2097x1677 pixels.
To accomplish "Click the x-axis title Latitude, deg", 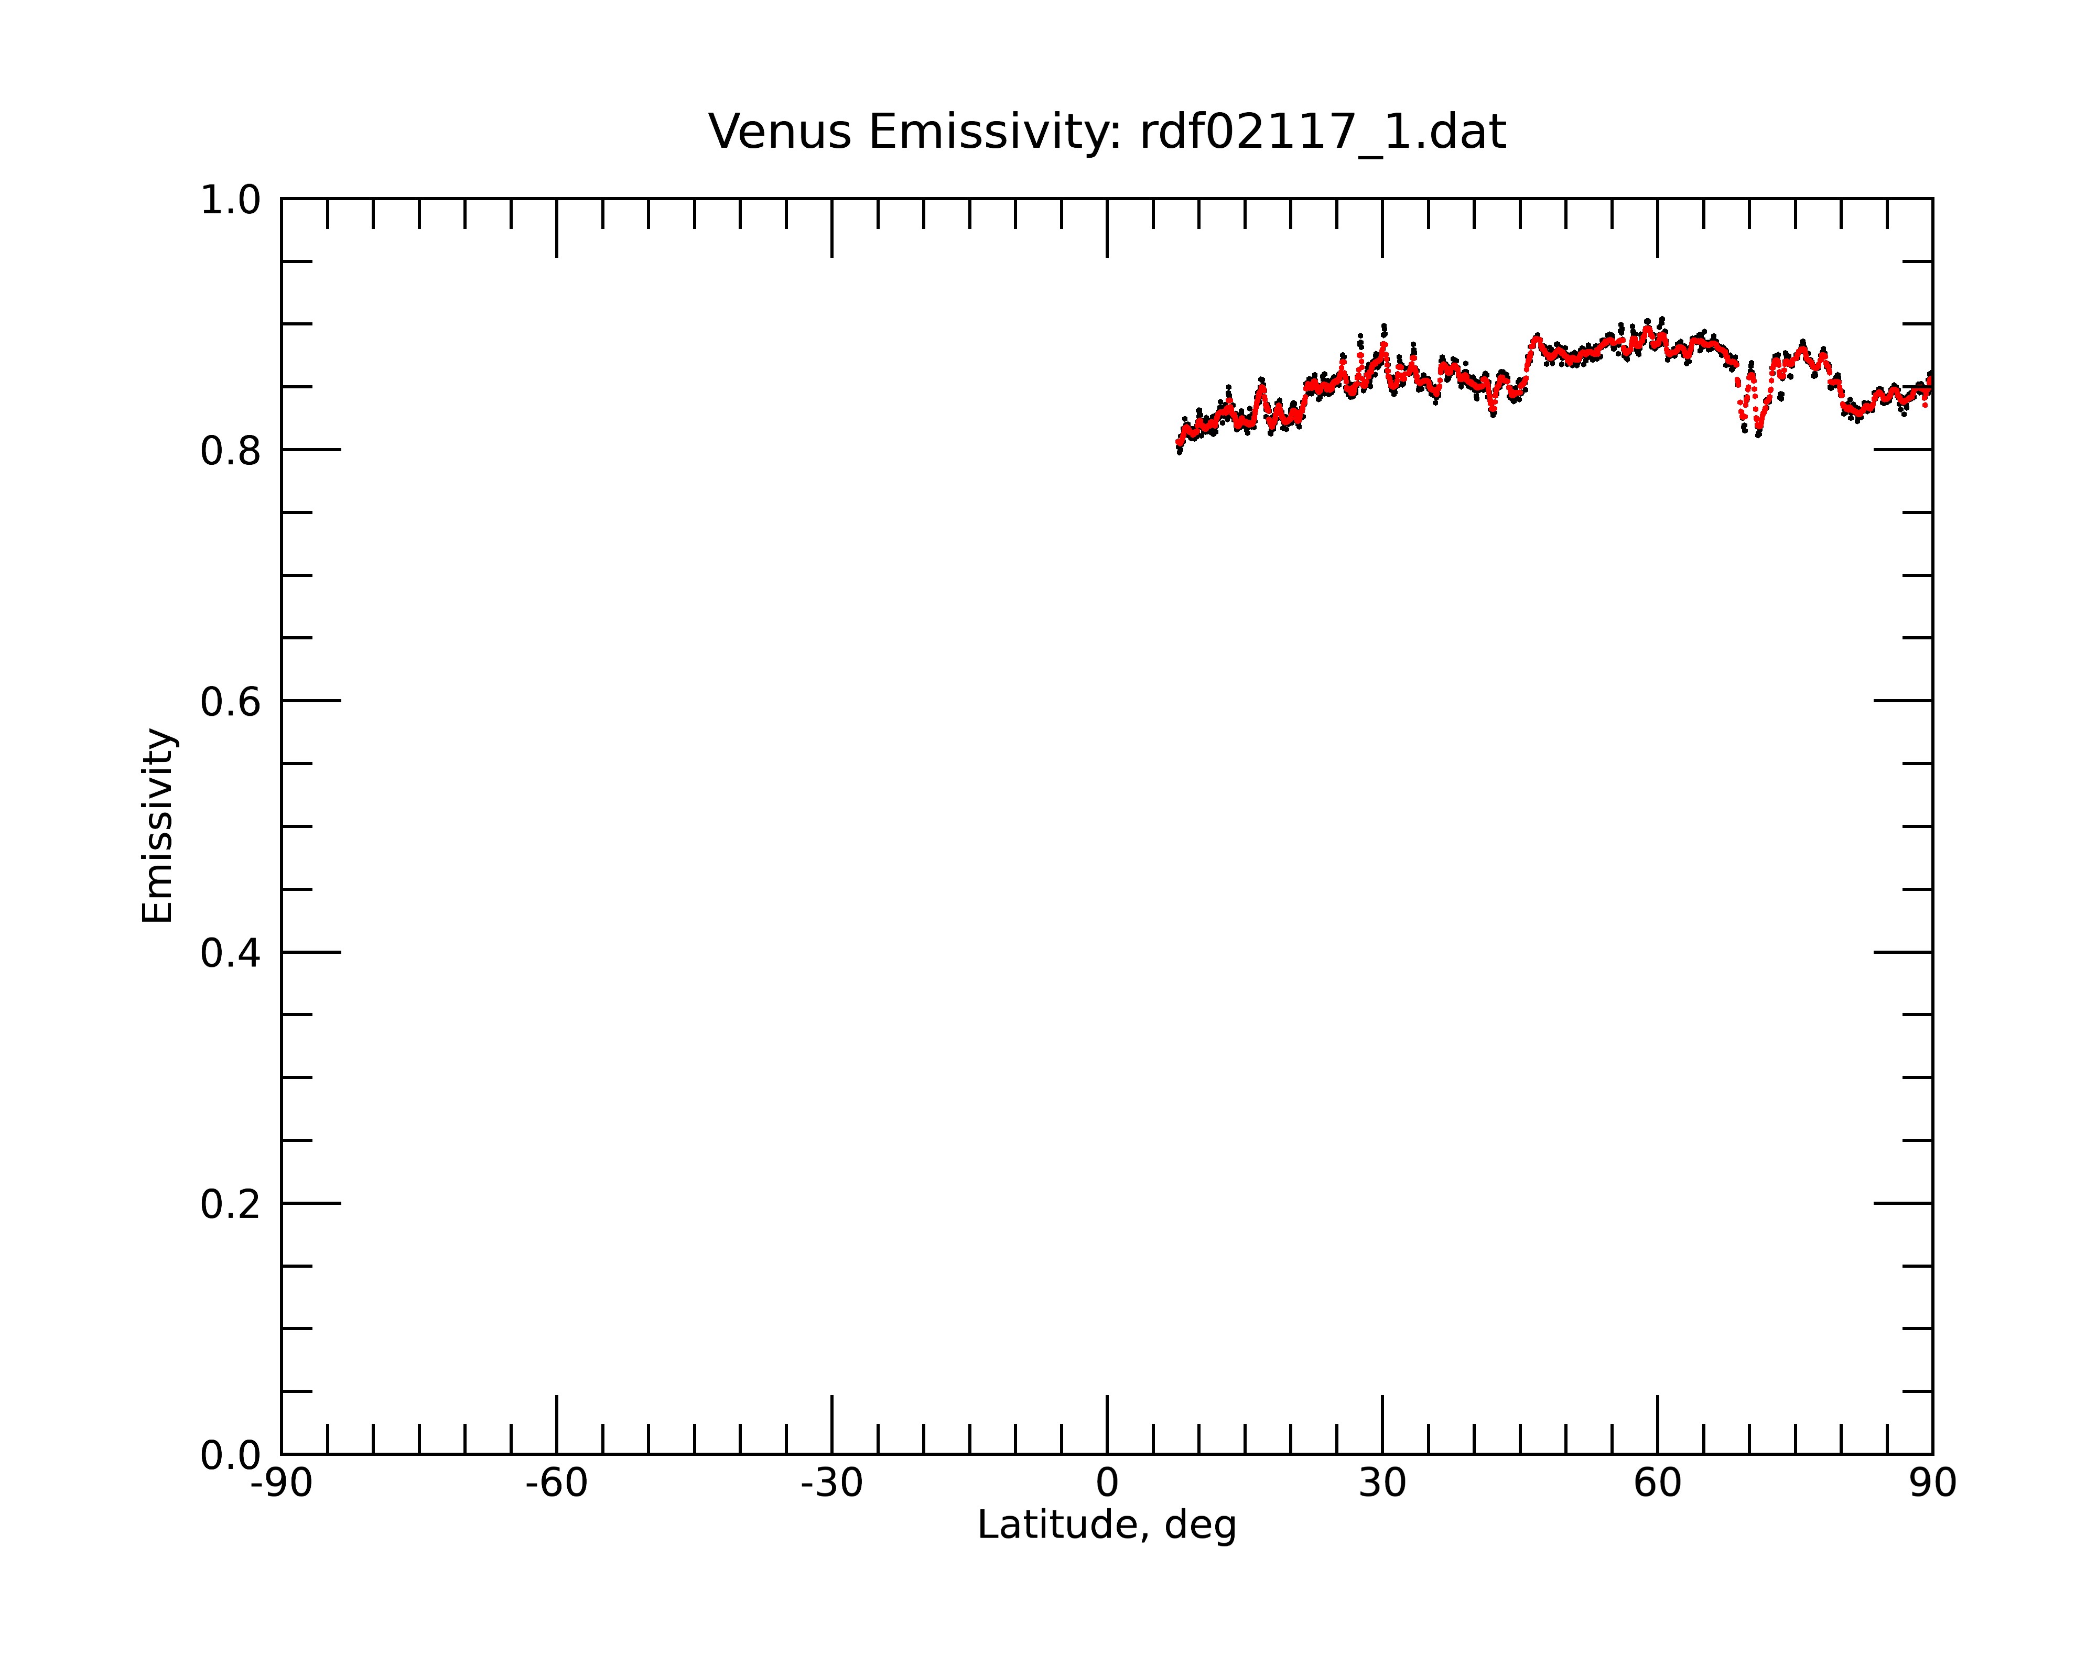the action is pyautogui.click(x=1107, y=1526).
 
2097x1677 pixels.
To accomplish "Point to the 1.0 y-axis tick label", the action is pyautogui.click(x=231, y=201).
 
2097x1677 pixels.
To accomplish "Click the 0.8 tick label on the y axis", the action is pyautogui.click(x=231, y=451).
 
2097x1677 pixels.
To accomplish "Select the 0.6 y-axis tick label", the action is pyautogui.click(x=231, y=702).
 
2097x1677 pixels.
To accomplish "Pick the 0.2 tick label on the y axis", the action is pyautogui.click(x=231, y=1204).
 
